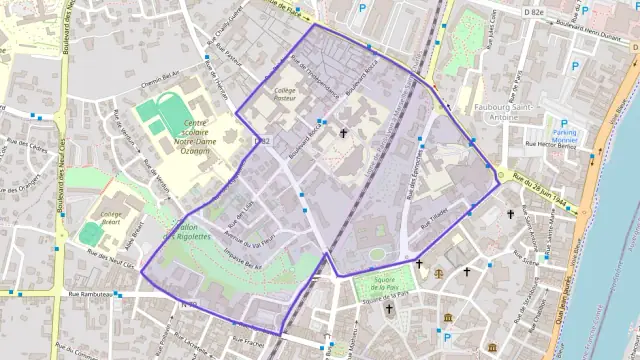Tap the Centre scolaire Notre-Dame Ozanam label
click(197, 137)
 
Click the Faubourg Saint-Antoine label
click(486, 110)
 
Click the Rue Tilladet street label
click(434, 216)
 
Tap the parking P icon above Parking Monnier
click(563, 123)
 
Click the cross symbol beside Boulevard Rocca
click(344, 132)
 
